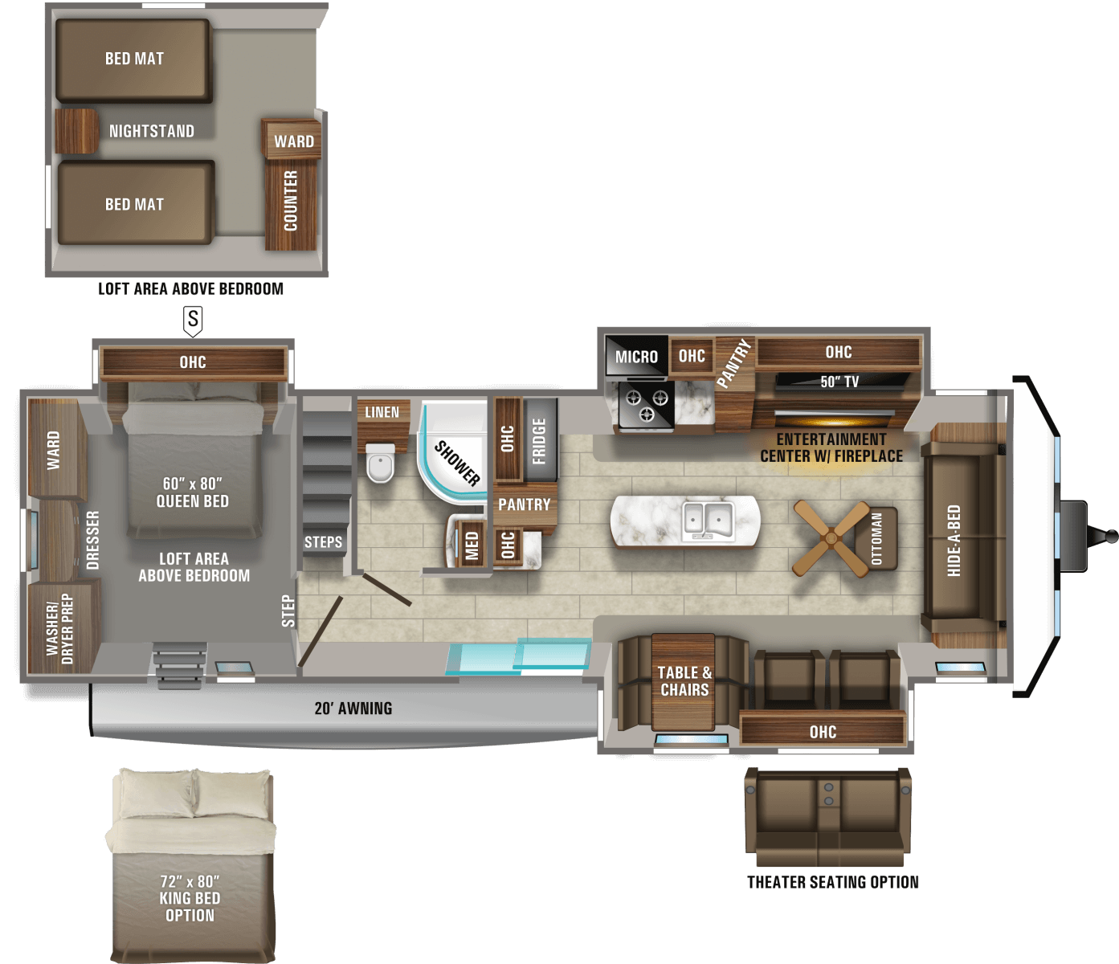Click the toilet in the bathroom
click(x=380, y=465)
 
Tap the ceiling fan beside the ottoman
click(x=831, y=538)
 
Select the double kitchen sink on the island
click(x=707, y=520)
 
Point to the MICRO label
click(x=636, y=357)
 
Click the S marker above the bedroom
click(x=193, y=321)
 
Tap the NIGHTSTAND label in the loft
click(x=152, y=131)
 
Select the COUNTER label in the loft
click(x=291, y=201)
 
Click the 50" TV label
click(x=839, y=382)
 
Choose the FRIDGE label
click(x=539, y=441)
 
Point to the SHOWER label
click(x=457, y=464)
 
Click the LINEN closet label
click(x=382, y=412)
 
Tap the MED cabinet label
click(x=472, y=545)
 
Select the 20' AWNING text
click(x=353, y=709)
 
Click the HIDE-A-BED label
click(x=954, y=540)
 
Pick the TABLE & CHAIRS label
click(x=684, y=681)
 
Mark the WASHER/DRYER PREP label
click(x=59, y=629)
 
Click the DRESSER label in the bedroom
click(x=93, y=540)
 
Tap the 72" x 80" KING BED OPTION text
click(x=190, y=898)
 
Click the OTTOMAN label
click(x=876, y=539)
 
